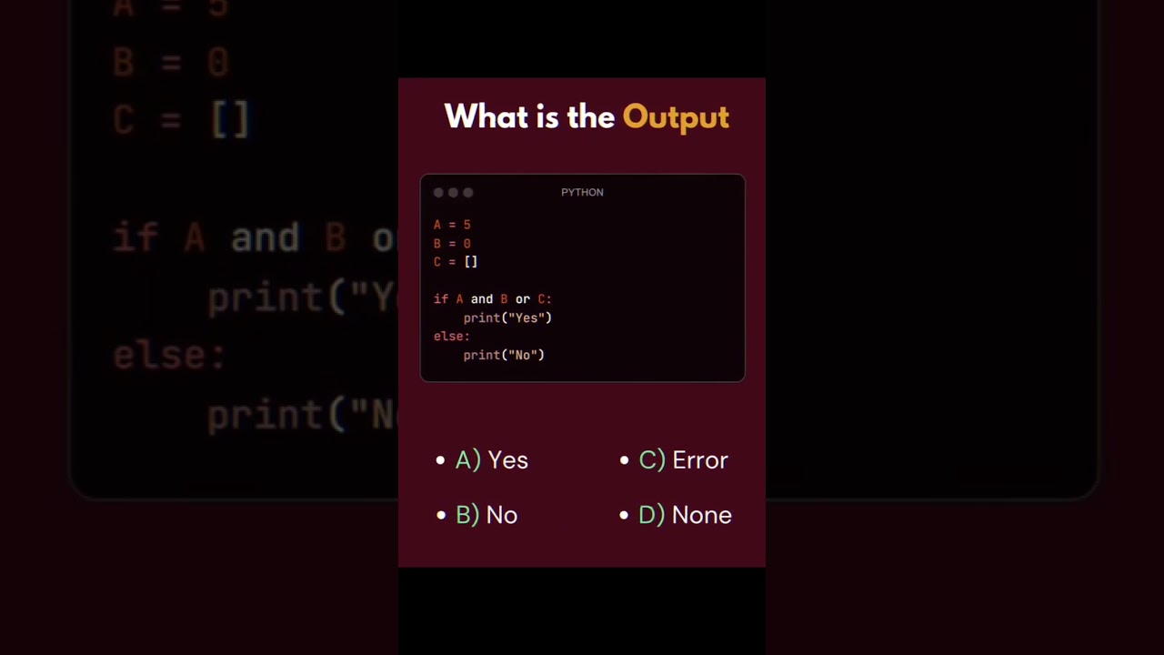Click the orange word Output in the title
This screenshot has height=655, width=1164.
click(676, 117)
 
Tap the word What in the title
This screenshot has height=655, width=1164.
click(481, 116)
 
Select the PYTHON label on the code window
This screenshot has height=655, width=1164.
click(582, 192)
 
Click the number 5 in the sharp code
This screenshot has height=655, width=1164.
click(467, 225)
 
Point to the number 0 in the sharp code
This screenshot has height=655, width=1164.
click(467, 244)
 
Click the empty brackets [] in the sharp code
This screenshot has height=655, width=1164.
click(471, 262)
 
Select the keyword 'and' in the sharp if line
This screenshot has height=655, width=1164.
click(482, 299)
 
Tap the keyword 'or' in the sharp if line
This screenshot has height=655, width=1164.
click(523, 299)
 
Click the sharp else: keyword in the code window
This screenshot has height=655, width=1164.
click(451, 337)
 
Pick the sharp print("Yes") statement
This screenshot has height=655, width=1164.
click(507, 317)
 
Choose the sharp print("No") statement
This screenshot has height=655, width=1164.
click(504, 355)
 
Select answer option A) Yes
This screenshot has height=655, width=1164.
click(492, 460)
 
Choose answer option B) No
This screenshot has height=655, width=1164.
click(487, 515)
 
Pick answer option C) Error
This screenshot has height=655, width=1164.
click(683, 460)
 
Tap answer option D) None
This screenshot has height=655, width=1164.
click(685, 515)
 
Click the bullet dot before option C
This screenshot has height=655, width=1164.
click(624, 460)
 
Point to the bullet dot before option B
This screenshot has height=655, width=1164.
click(441, 515)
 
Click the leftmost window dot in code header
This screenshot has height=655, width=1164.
click(438, 193)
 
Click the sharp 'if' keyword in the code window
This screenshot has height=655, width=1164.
click(441, 299)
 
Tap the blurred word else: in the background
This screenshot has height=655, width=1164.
click(169, 356)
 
